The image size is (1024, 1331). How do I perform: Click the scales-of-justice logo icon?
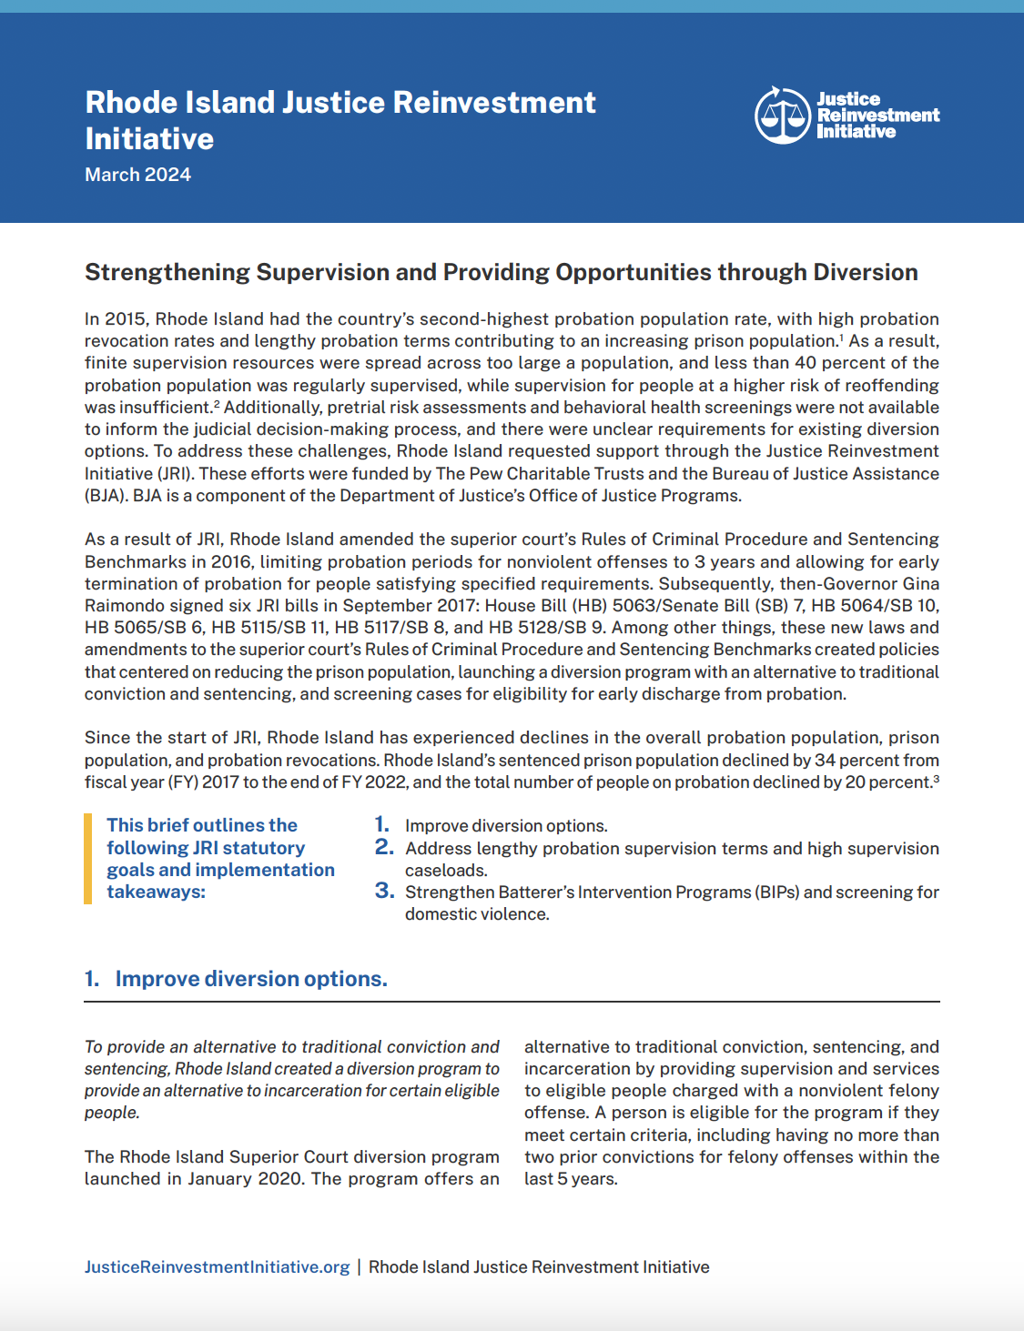(782, 116)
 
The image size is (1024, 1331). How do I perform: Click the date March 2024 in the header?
(137, 175)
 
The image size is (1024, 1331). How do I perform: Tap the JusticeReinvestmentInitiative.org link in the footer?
(217, 1266)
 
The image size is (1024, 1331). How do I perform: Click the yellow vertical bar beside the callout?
(88, 858)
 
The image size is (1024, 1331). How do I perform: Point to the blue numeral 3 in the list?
(383, 891)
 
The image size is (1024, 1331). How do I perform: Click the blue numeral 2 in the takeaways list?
(383, 847)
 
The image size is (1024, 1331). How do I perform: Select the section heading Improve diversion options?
(250, 979)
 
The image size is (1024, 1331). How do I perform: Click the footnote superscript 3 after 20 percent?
(936, 779)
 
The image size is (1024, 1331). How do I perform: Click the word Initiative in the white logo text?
(856, 132)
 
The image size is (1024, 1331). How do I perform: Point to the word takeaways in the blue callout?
(155, 892)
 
